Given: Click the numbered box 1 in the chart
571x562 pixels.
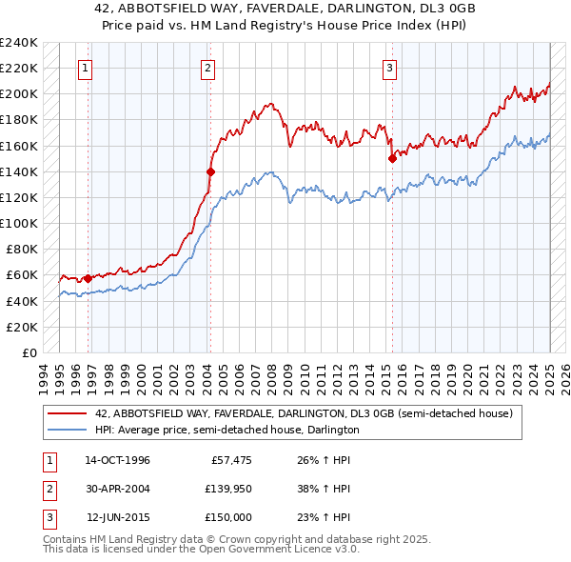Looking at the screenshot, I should click(86, 68).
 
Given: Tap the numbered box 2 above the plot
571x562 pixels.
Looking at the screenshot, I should click(207, 68).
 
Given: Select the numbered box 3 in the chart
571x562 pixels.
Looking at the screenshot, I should click(390, 68).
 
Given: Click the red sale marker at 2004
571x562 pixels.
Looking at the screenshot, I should click(210, 171).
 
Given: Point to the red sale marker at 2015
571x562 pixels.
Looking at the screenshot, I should click(391, 159).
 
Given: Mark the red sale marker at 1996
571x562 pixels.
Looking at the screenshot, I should click(88, 278).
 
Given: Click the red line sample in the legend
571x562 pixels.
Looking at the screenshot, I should click(68, 413).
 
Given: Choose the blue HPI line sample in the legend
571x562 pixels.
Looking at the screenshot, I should click(68, 430).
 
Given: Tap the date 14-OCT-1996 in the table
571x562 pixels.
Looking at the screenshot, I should click(117, 460).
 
